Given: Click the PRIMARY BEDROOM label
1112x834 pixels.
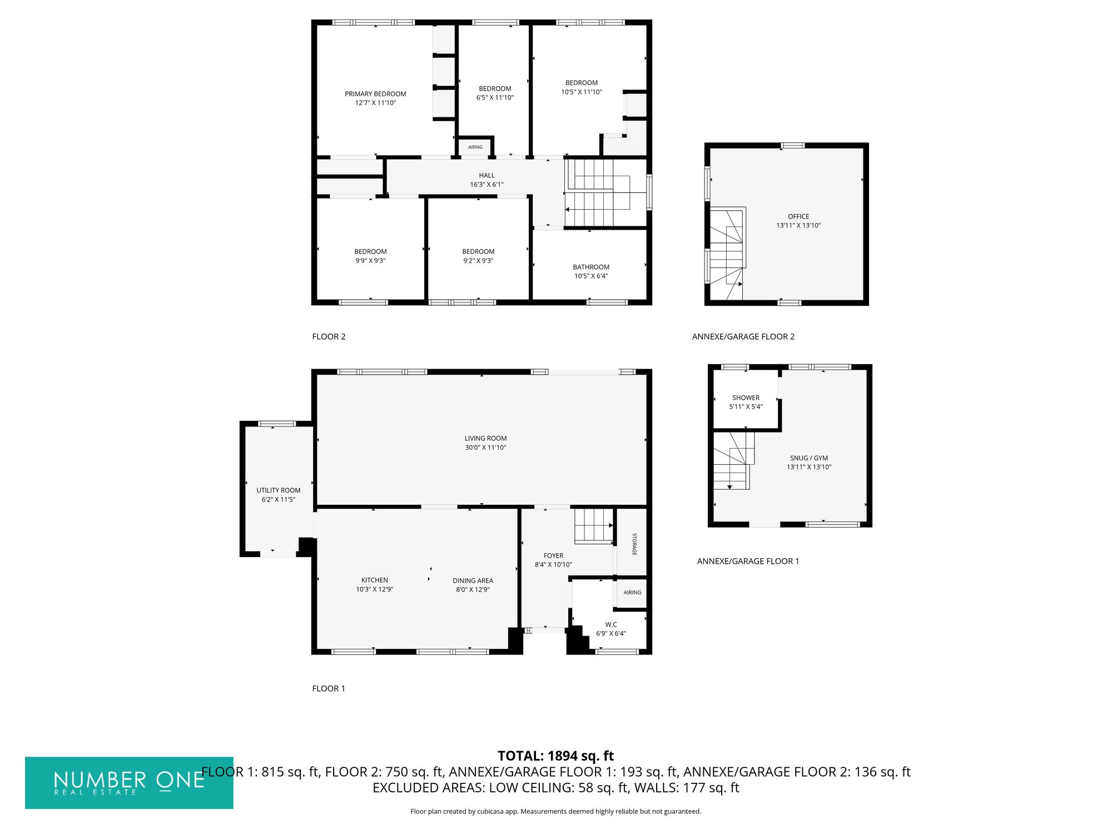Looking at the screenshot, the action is pos(375,94).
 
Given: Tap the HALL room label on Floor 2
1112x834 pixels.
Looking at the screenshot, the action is pos(487,175).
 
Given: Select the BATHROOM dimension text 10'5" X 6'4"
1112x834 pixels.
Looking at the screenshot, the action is pos(591,276).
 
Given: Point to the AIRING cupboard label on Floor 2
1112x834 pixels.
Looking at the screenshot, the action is pos(475,147).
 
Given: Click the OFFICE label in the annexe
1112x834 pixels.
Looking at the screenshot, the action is pos(798,216).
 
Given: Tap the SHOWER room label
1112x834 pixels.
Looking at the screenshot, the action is pos(746,398).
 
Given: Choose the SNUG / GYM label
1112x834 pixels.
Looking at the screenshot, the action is pos(809,458).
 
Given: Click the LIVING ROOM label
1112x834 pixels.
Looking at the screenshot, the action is pos(485,438).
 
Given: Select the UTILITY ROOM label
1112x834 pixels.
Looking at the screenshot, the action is pos(278,490).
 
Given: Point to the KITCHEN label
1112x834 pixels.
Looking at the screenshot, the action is pos(374,580).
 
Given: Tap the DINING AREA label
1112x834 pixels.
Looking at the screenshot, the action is pos(473,580).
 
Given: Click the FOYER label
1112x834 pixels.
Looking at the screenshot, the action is pos(553,555).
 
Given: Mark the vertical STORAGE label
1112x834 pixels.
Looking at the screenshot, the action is pos(634,544).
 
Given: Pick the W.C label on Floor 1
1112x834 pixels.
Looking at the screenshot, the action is pos(611,624).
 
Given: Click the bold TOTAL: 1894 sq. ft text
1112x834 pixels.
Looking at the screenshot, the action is pos(555,756).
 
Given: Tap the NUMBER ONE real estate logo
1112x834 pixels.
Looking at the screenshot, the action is pos(129,782).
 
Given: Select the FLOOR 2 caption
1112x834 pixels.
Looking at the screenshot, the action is pos(329,336).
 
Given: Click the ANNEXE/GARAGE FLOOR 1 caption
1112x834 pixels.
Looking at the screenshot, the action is pos(748,561).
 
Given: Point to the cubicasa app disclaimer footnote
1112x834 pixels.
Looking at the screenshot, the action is pos(555,811).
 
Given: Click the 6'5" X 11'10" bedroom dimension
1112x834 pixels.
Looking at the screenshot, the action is pos(495,98).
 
